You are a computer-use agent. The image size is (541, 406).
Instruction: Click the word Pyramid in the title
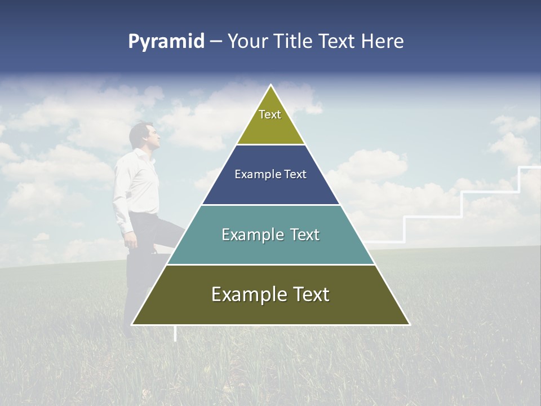coord(166,42)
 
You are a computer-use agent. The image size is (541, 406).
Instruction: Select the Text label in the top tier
coord(270,115)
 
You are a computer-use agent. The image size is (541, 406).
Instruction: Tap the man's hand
coord(130,241)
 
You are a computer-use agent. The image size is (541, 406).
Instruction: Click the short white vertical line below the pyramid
coord(175,333)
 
